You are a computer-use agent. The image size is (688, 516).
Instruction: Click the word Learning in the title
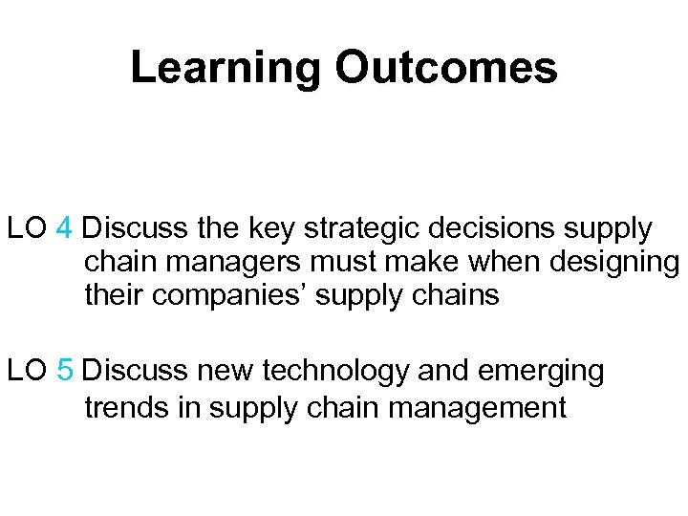(x=226, y=69)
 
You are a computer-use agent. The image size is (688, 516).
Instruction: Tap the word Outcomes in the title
(x=445, y=67)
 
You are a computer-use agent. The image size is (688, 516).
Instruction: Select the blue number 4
(x=64, y=229)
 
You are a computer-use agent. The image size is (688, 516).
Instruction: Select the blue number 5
(x=65, y=371)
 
